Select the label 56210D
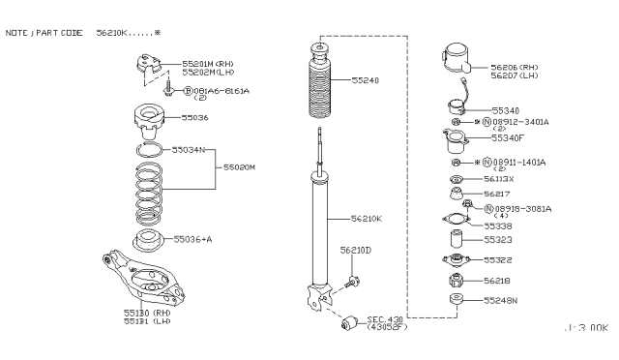(x=355, y=250)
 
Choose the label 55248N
(x=501, y=301)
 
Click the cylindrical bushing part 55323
(x=454, y=238)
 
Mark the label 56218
(x=498, y=281)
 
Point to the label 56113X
(x=500, y=180)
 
